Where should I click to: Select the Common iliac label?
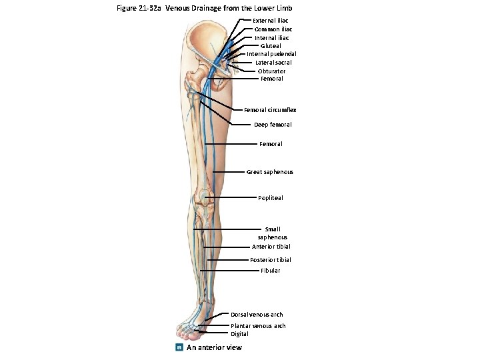(x=273, y=29)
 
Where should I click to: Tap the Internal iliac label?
(x=272, y=38)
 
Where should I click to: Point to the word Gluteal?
(x=271, y=46)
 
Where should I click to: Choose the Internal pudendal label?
(x=272, y=54)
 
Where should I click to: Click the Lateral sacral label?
(x=273, y=63)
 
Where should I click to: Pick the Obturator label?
(x=271, y=71)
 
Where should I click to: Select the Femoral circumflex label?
(x=270, y=110)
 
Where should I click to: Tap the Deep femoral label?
(x=273, y=125)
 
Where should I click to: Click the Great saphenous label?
(x=270, y=172)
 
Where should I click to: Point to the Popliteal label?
(x=271, y=198)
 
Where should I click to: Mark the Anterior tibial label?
(x=271, y=247)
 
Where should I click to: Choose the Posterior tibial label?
(x=271, y=260)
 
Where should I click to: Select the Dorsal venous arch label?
(x=257, y=315)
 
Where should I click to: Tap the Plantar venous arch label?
(x=258, y=326)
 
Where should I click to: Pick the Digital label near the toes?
(x=239, y=334)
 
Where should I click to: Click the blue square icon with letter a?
(x=178, y=347)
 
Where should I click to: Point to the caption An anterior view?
(x=214, y=347)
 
